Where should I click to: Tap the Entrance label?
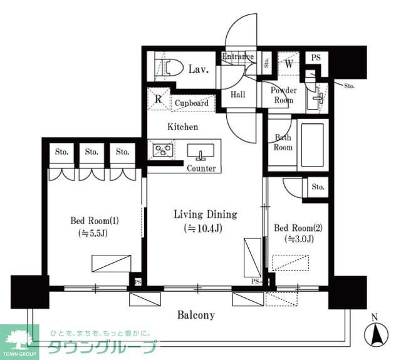pos(237,57)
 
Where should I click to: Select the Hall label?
pos(237,95)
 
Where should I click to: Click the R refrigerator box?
pos(159,99)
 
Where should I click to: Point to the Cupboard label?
pos(192,103)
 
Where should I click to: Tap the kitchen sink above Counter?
pos(201,152)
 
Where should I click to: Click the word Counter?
pos(201,168)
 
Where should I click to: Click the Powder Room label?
pos(283,95)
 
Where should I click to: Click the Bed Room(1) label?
pos(94,221)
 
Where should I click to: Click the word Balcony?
pos(195,316)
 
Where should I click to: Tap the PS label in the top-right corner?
pos(316,58)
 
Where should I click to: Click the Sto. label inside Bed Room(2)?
pos(318,187)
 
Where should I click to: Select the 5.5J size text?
pos(94,234)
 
